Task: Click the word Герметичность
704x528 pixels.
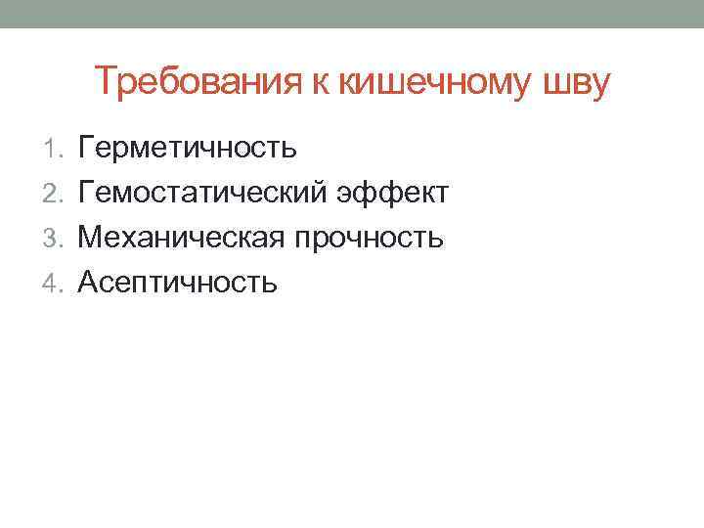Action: (187, 149)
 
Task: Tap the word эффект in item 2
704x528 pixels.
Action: (392, 194)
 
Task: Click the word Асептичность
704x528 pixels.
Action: (178, 284)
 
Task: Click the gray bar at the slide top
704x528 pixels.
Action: (352, 14)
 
